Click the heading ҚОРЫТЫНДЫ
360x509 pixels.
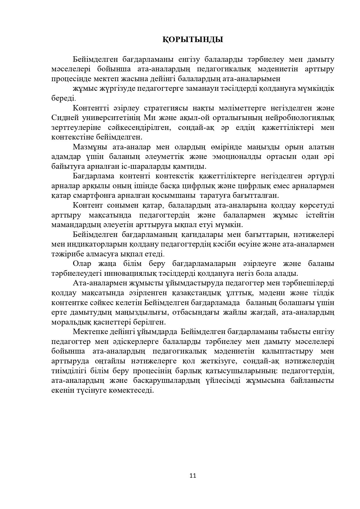193,39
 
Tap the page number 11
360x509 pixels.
193,475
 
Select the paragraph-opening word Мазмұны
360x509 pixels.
87,147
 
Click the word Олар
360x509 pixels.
82,264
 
